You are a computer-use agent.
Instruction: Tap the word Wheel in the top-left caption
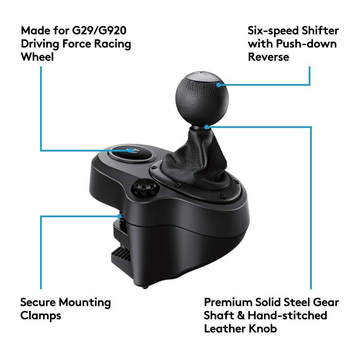(37, 57)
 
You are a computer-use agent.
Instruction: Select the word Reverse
(269, 57)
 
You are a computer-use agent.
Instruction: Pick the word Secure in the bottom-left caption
(38, 302)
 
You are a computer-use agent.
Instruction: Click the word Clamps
(40, 315)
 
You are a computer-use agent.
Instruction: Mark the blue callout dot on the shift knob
(219, 85)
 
